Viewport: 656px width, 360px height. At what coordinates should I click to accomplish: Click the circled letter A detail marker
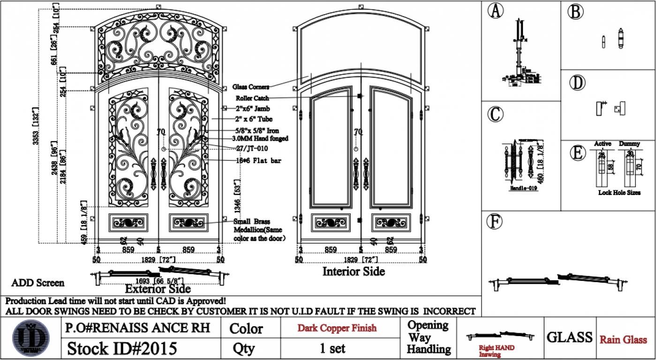[495, 10]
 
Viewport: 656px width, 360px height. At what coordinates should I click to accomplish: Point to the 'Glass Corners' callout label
[251, 87]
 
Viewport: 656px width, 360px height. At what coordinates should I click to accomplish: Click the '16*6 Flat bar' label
[258, 161]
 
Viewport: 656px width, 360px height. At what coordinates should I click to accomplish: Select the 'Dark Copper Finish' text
[337, 328]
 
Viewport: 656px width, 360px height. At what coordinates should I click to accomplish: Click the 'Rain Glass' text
[623, 339]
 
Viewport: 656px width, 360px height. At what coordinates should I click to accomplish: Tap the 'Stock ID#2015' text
[122, 348]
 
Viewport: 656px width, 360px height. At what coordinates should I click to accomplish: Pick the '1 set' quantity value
[332, 348]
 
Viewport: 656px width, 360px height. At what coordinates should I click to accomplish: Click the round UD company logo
[31, 337]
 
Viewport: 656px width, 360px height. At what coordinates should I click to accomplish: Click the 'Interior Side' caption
[354, 271]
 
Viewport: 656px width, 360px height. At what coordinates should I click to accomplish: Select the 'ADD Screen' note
[38, 283]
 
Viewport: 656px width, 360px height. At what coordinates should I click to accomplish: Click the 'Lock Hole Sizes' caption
[619, 192]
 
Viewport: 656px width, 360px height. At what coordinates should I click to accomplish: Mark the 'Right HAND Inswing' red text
[496, 351]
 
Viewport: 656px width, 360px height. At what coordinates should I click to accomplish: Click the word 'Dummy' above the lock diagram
[629, 143]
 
